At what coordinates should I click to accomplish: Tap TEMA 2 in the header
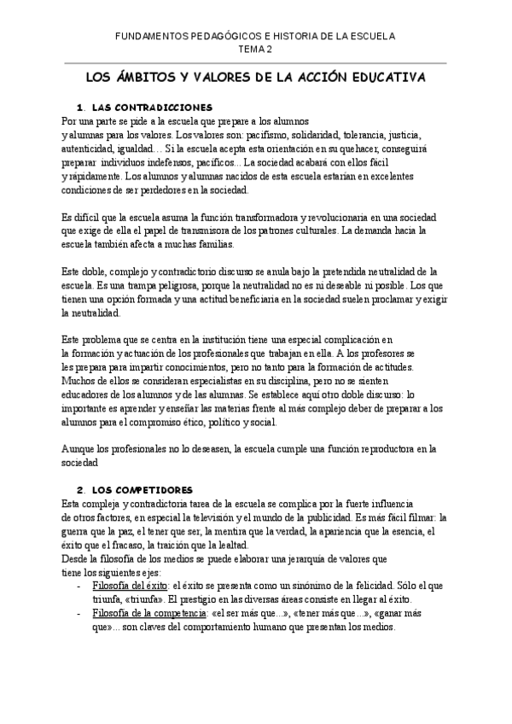[x=255, y=50]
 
